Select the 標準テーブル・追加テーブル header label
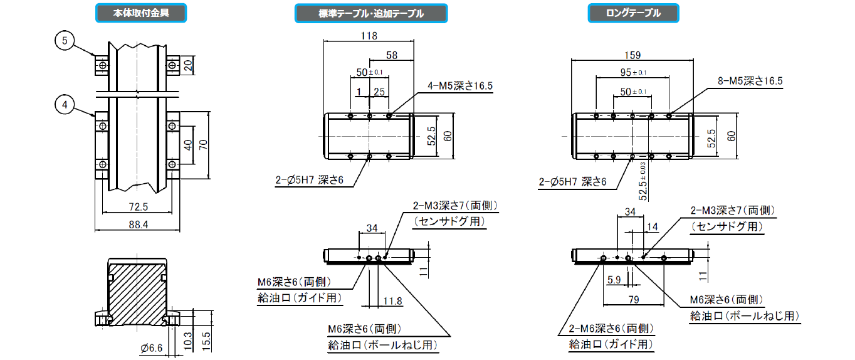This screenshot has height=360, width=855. coord(370,13)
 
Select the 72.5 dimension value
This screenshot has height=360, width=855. coord(136,206)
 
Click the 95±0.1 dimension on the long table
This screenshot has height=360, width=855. coord(632,72)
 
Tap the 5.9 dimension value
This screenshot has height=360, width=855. coord(615,279)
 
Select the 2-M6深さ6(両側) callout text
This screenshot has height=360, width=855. coord(611,329)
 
